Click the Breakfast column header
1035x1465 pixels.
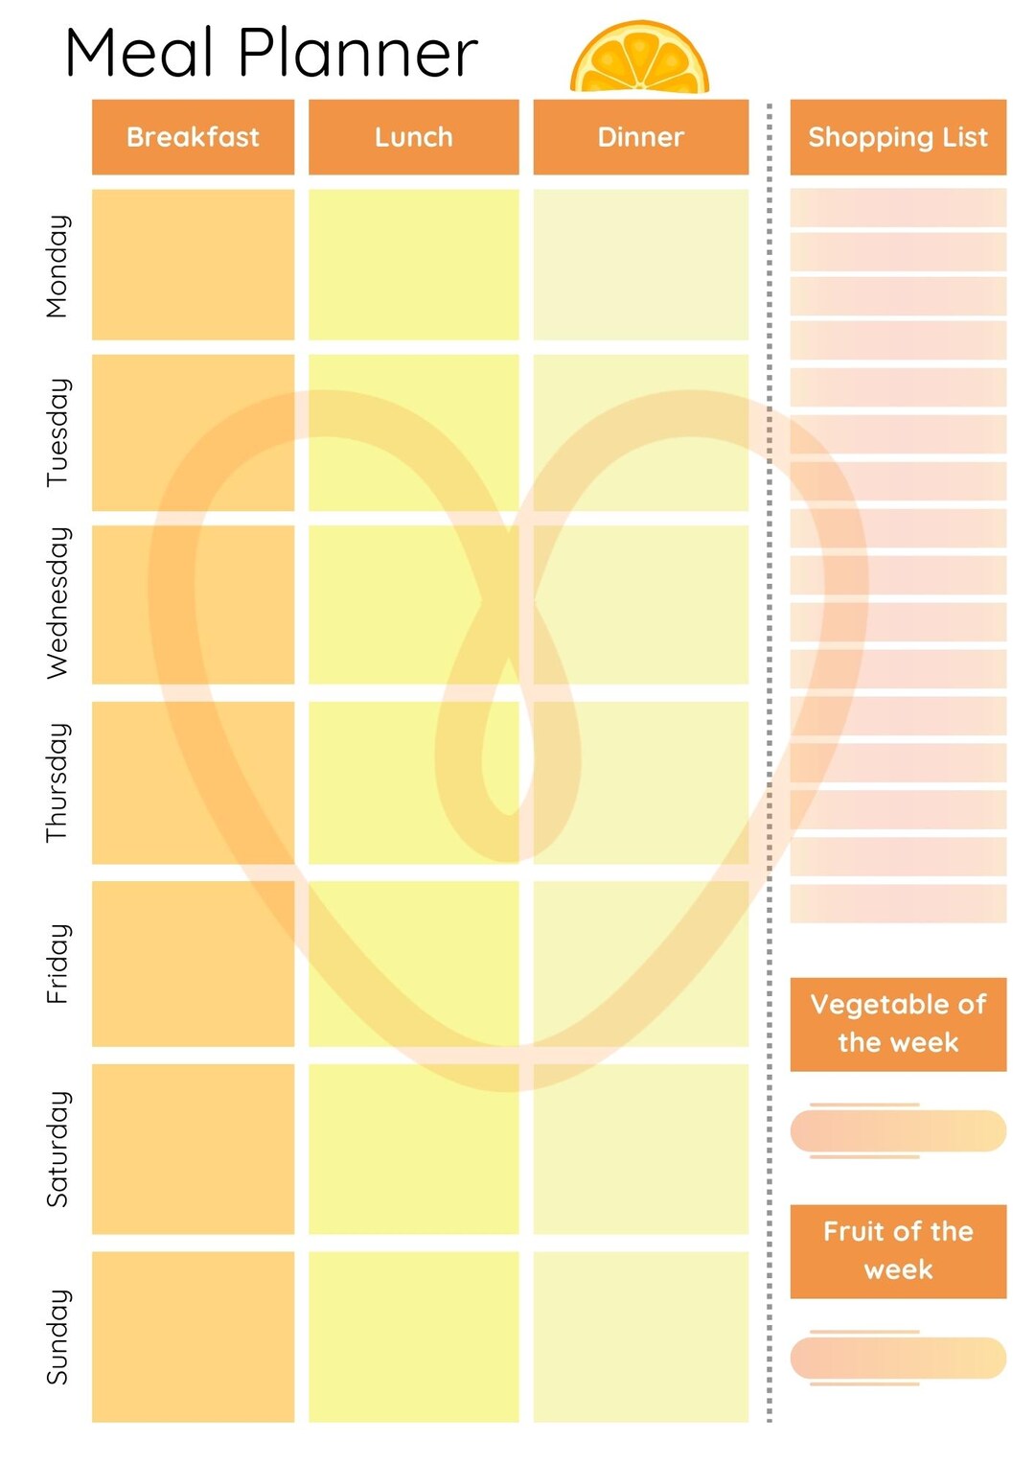(193, 137)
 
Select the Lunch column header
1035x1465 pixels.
(413, 137)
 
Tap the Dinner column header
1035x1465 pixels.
(640, 137)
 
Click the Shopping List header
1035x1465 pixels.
(898, 137)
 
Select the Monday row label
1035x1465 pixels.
(57, 266)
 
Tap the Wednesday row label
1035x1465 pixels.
(57, 603)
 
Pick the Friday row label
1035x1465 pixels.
(57, 964)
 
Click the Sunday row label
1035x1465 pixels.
(57, 1337)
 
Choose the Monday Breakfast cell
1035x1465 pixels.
(193, 265)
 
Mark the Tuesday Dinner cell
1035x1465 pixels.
(640, 432)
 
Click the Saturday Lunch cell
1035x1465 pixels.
(413, 1149)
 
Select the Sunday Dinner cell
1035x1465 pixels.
(640, 1337)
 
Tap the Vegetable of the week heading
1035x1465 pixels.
(898, 1024)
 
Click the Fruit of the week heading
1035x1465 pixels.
(898, 1251)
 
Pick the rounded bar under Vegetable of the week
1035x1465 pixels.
(898, 1131)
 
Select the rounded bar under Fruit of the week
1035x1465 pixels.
(898, 1358)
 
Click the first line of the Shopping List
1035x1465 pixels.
(898, 207)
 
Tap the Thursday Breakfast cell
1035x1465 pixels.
(193, 782)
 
